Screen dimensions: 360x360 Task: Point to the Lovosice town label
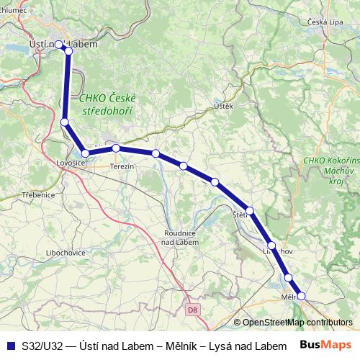click(x=71, y=164)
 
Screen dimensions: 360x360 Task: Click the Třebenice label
click(x=38, y=195)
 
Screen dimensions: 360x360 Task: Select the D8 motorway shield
click(x=192, y=310)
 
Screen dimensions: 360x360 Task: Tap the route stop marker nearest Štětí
click(x=249, y=211)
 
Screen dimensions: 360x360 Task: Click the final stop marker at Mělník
click(x=302, y=295)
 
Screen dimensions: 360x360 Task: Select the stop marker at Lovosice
click(x=85, y=153)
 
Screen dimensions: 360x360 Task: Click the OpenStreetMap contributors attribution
click(x=297, y=323)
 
